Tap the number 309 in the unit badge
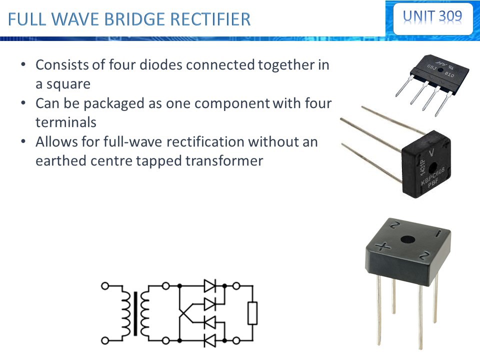pos(450,16)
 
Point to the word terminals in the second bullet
pos(65,122)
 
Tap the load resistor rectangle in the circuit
pos(252,313)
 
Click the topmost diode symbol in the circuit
pos(209,286)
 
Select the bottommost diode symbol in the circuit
pos(209,341)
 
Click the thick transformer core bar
pos(135,314)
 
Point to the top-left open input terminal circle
pos(105,286)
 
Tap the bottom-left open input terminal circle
pos(105,341)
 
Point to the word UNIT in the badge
pos(418,16)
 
